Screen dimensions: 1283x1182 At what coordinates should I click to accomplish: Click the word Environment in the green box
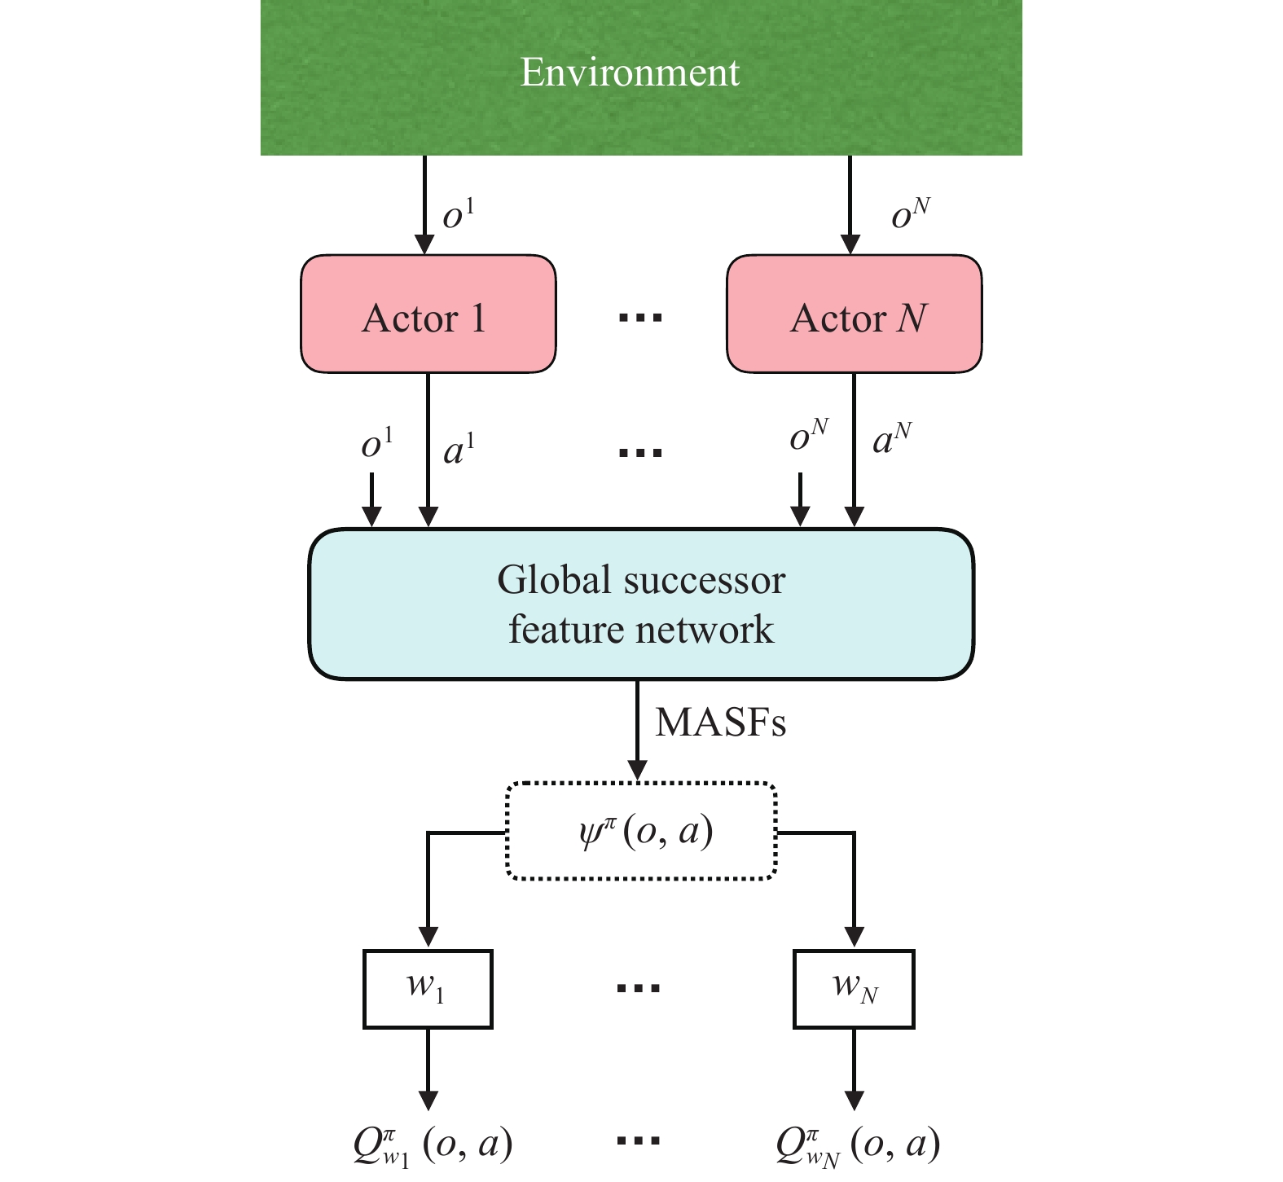tap(630, 72)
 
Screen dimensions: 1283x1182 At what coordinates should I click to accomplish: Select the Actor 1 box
tap(428, 314)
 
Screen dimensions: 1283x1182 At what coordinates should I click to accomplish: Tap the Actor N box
tap(854, 314)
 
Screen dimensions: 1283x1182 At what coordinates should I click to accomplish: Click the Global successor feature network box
tap(641, 604)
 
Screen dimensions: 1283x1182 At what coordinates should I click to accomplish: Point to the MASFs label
tap(721, 722)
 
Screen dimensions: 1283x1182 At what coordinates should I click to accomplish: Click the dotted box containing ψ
tap(641, 831)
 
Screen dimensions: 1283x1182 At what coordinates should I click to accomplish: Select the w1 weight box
tap(428, 989)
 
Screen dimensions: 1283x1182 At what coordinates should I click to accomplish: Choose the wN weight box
tap(854, 989)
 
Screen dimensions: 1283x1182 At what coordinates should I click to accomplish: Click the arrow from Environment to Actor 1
tap(424, 204)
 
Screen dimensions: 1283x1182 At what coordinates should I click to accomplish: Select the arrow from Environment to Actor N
tap(850, 204)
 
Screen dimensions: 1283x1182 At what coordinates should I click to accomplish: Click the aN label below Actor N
tap(892, 441)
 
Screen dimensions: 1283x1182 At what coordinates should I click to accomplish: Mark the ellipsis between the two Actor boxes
tap(641, 318)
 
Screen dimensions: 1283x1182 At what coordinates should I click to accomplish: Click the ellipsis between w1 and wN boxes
tap(639, 989)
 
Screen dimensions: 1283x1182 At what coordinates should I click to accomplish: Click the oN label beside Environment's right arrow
tap(911, 213)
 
